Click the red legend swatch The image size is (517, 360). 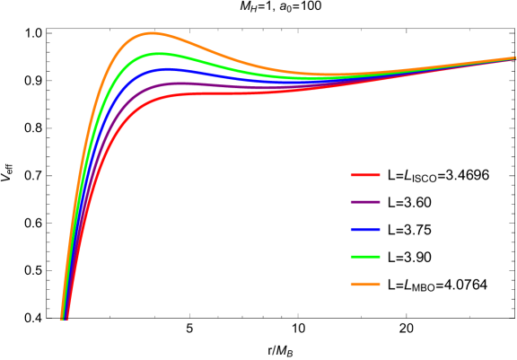click(364, 175)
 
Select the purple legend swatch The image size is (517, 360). click(364, 202)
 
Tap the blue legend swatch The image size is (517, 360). click(364, 230)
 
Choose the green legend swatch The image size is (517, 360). click(364, 257)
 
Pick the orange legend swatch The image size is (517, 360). click(364, 285)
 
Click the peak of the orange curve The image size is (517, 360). click(151, 33)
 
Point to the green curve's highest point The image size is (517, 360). click(158, 54)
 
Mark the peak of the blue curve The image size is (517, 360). click(166, 69)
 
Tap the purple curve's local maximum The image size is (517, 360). click(180, 83)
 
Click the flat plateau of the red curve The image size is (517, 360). click(224, 92)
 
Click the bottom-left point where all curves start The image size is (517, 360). click(64, 318)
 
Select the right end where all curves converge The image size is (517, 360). click(513, 58)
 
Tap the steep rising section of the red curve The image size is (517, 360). click(90, 206)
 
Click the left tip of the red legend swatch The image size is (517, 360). click(351, 175)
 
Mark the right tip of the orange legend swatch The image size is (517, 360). click(380, 285)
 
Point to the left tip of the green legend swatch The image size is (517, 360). click(351, 257)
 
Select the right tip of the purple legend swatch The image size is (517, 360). click(380, 202)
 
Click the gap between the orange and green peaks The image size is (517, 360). click(154, 44)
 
